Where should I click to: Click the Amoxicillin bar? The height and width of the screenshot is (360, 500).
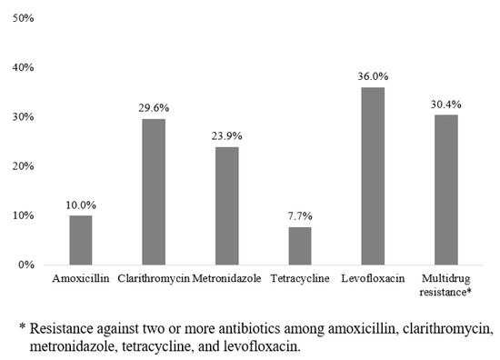81,241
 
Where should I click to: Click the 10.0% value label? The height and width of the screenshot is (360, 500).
81,206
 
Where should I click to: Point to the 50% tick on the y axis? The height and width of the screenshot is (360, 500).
23,19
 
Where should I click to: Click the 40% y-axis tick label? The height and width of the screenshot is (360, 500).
23,68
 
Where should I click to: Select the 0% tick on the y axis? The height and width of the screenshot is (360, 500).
25,265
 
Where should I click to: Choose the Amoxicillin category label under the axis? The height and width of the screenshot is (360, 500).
81,277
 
